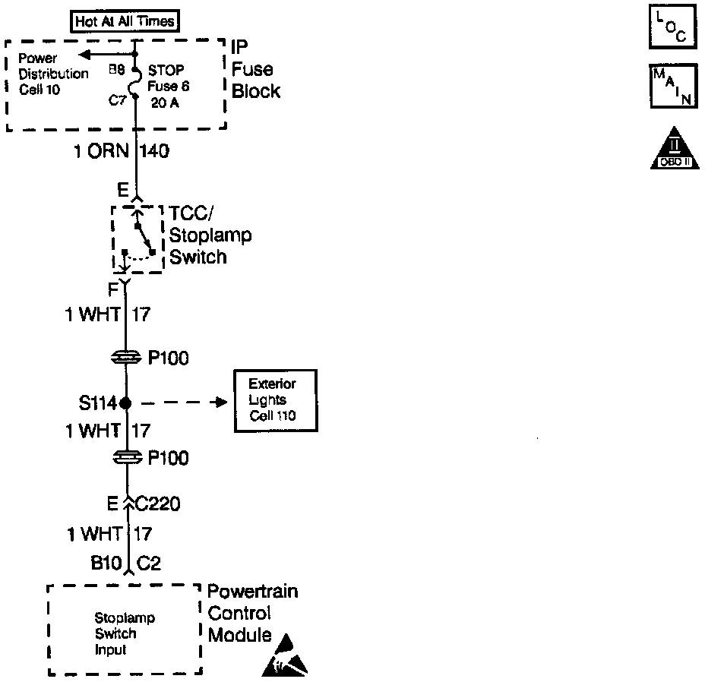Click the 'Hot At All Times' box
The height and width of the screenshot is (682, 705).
(x=126, y=21)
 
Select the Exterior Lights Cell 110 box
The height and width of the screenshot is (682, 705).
(x=273, y=400)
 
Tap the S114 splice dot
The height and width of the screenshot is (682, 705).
(x=126, y=403)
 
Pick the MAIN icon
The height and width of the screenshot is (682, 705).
(x=673, y=87)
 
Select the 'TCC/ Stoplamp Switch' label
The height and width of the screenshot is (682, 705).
(x=209, y=235)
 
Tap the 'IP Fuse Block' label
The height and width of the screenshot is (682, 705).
(x=255, y=70)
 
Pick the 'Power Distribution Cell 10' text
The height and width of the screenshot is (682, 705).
(x=53, y=74)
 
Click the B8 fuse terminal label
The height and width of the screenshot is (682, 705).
(x=117, y=71)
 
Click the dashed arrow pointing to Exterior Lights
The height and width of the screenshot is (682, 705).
(x=182, y=403)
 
